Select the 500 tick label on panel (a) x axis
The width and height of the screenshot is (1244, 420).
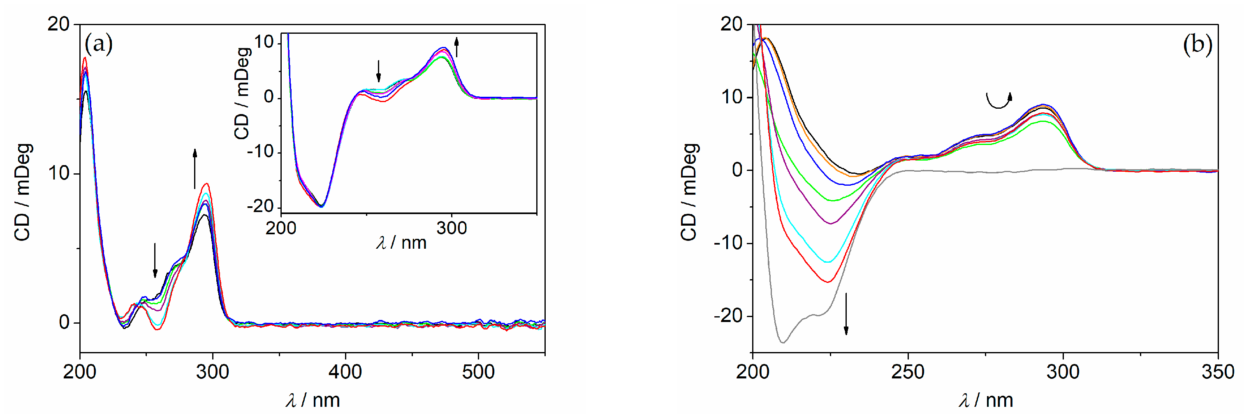pos(478,372)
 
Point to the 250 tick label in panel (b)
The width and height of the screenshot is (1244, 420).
pos(908,372)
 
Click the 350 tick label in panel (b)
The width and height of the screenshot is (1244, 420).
pos(1217,372)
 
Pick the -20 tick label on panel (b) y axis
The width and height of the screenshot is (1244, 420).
pos(728,316)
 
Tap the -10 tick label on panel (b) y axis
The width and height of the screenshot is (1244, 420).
pos(728,243)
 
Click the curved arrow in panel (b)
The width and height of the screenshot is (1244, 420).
pos(998,100)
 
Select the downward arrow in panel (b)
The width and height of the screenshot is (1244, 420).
pos(846,314)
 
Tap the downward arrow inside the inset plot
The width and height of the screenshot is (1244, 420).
pos(379,71)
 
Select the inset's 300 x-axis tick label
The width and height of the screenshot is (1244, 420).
pos(452,228)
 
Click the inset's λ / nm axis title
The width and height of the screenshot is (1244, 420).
pos(401,242)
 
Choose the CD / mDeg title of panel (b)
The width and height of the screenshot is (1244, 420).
pos(689,192)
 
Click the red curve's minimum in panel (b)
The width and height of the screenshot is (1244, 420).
pos(828,282)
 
